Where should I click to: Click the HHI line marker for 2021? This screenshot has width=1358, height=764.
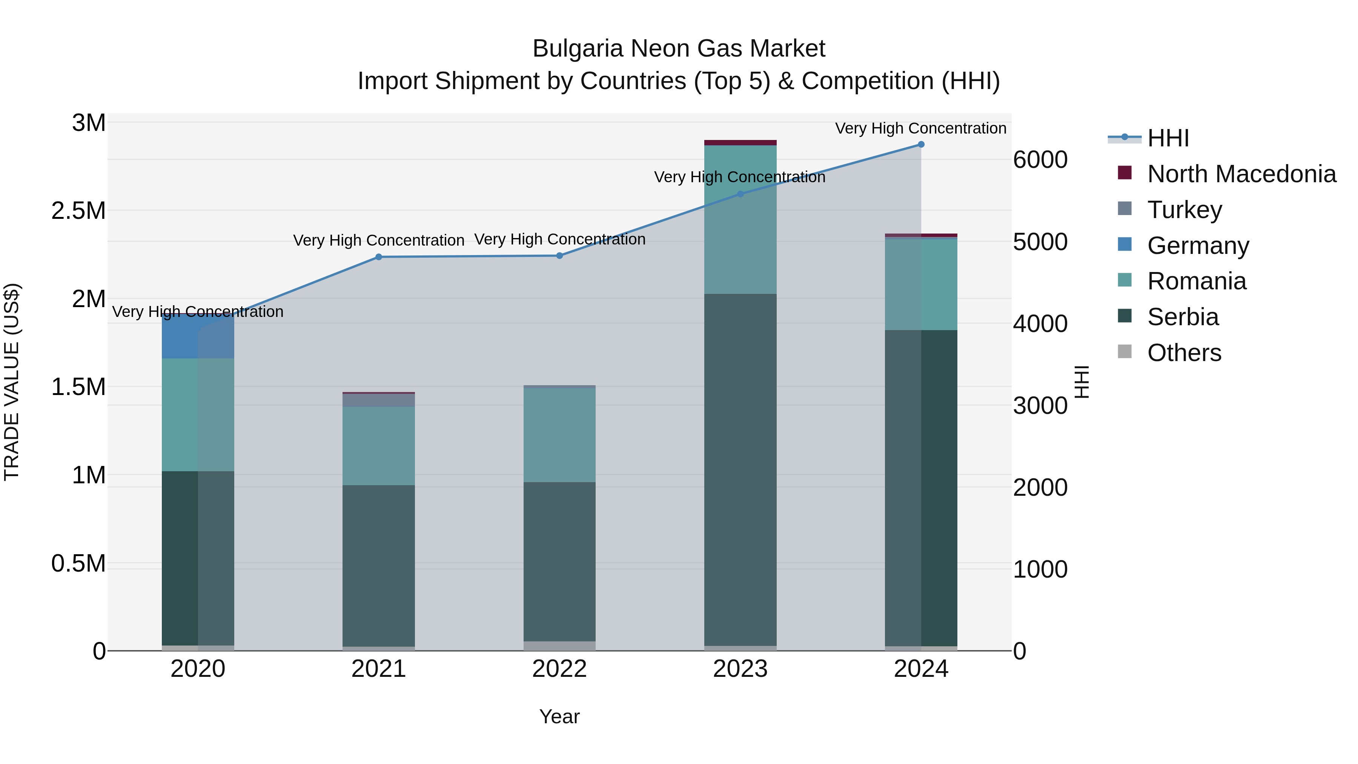coord(378,257)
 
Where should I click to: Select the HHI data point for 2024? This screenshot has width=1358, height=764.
coord(921,144)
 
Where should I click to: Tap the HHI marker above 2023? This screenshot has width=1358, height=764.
coord(740,194)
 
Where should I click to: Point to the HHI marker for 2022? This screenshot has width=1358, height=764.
coord(560,256)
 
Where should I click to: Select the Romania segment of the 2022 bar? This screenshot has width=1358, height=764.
coord(559,435)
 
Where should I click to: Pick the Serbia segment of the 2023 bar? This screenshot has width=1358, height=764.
coord(740,469)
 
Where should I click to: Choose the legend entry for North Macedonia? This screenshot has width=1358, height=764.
coord(1241,174)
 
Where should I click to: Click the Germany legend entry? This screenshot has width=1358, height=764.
coord(1198,246)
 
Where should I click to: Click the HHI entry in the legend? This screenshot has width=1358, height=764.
coord(1167,138)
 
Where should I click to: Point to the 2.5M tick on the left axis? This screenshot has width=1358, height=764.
coord(78,211)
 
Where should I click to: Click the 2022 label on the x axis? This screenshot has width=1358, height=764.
coord(559,669)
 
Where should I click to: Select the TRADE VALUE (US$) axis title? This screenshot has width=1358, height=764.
coord(12,382)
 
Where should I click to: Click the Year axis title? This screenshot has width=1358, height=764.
coord(559,716)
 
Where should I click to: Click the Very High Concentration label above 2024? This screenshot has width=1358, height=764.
coord(920,128)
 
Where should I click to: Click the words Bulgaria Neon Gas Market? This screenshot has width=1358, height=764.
coord(679,49)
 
